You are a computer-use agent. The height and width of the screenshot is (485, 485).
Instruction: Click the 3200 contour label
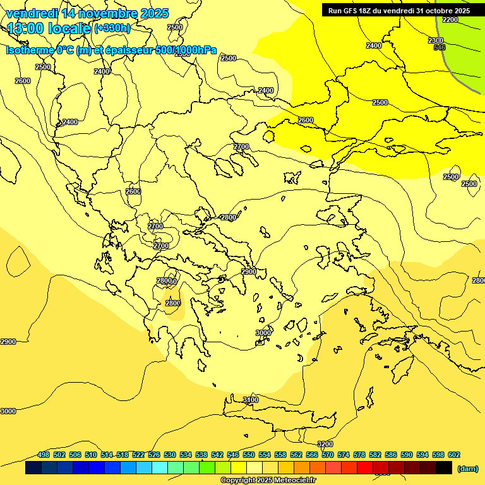coord(325,445)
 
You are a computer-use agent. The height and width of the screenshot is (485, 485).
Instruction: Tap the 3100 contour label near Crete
coord(251,400)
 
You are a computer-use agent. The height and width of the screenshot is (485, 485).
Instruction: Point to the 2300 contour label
coord(436,40)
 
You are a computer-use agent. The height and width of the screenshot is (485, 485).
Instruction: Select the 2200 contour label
coord(450,20)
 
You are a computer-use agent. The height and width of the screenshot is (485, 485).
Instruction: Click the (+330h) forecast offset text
coord(112,28)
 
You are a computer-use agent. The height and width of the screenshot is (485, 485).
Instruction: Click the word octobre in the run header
coord(433,11)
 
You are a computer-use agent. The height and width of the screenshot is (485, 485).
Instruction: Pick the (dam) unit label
coord(467,468)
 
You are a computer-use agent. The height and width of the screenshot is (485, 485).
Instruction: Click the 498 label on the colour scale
coord(44,455)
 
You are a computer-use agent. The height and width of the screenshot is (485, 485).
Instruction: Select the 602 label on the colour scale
coord(454,455)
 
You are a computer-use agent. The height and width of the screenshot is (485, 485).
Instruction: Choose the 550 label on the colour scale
coord(249,455)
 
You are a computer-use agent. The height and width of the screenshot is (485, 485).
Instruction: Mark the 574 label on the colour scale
coord(344,455)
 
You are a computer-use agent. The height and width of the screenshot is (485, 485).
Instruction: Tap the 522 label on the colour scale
coord(138,455)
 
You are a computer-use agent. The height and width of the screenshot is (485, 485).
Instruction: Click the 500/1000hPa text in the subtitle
coord(186,51)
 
